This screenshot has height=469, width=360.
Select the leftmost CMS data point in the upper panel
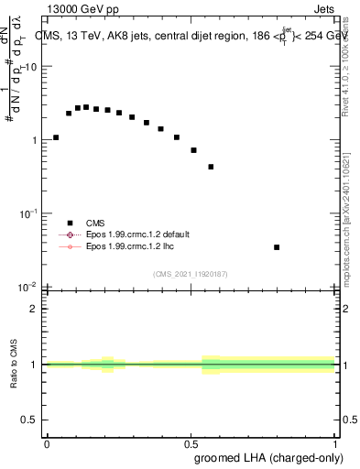56,137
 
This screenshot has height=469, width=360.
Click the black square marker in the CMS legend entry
70,222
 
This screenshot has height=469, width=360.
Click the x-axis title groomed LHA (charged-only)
267,457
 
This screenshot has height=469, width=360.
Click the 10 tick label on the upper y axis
29,67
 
